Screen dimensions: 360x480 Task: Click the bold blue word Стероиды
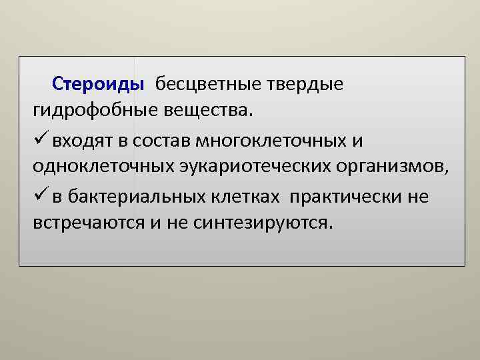tap(98, 85)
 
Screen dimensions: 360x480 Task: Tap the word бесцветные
tap(209, 85)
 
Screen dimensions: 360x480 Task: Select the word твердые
tap(305, 85)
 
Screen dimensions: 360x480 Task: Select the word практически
tap(347, 197)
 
